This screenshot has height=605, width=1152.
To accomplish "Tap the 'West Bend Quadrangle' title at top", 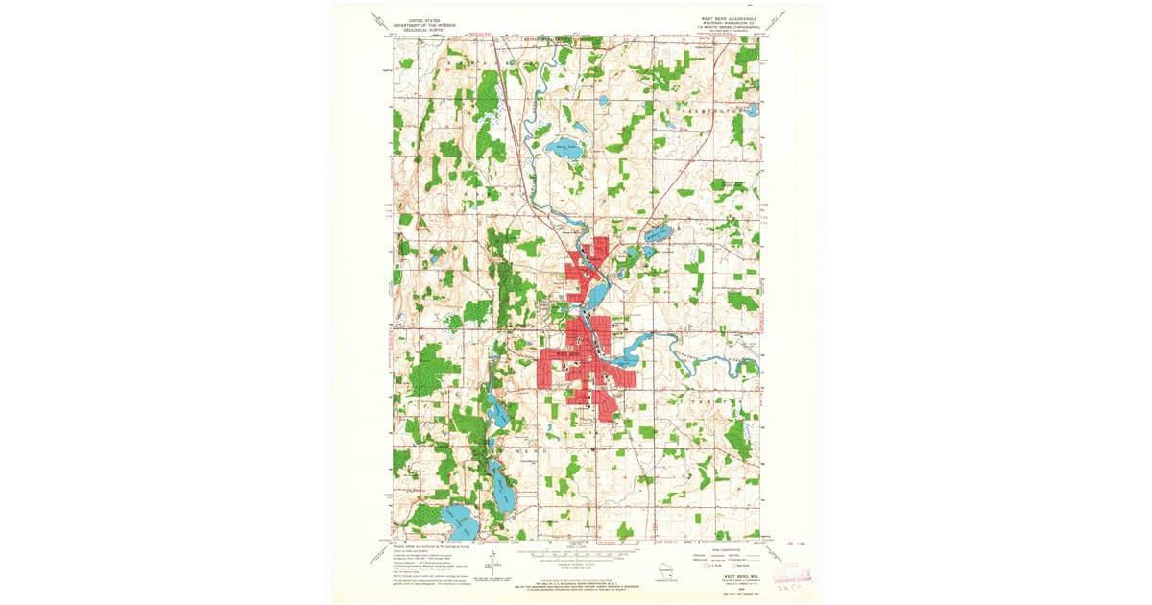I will pos(729,18).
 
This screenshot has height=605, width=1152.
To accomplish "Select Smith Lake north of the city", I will pos(560,149).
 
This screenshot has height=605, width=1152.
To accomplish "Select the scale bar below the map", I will pos(576,555).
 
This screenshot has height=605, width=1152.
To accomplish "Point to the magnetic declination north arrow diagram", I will pos(492,567).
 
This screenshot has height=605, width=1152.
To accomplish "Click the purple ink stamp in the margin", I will pos(800,574).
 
